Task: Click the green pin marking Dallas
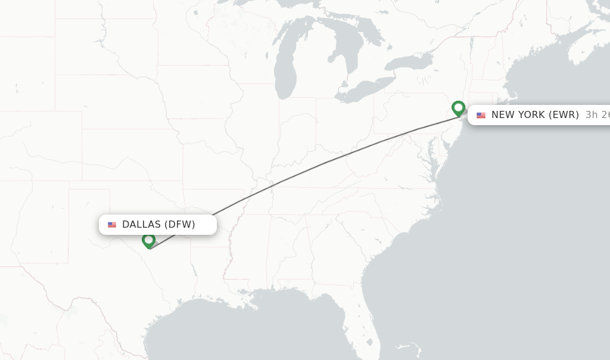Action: click(x=148, y=240)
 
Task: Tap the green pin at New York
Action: click(x=458, y=108)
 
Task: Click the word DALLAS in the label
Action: click(x=141, y=225)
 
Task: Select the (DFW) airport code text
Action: click(x=180, y=225)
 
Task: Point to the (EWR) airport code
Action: click(x=563, y=115)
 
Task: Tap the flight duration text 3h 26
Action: click(x=597, y=115)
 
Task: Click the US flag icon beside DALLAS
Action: click(x=112, y=225)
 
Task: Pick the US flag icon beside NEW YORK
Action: click(x=481, y=115)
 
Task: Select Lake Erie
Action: click(x=363, y=89)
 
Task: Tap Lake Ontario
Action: click(x=408, y=62)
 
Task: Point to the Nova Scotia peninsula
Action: click(x=587, y=51)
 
